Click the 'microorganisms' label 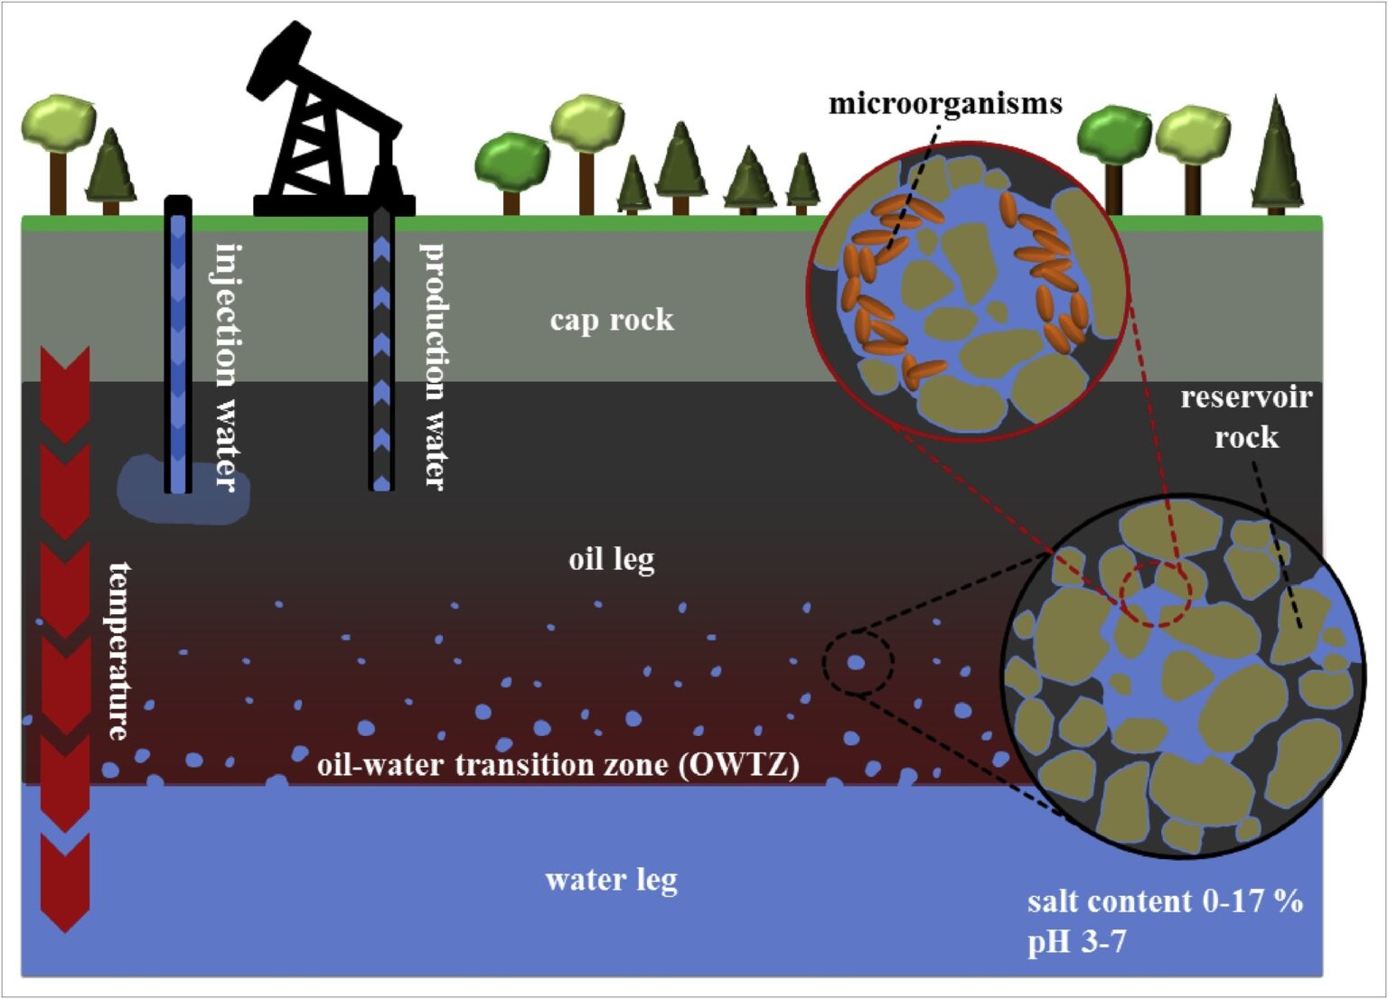pyautogui.click(x=945, y=104)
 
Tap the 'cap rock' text pyautogui.click(x=612, y=320)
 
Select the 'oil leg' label pyautogui.click(x=612, y=559)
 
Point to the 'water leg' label pyautogui.click(x=612, y=880)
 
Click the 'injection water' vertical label pyautogui.click(x=228, y=366)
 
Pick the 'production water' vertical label pyautogui.click(x=435, y=366)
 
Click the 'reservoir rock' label pyautogui.click(x=1246, y=417)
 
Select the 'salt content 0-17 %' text pyautogui.click(x=1165, y=901)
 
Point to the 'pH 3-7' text pyautogui.click(x=1076, y=942)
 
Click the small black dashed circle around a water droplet pyautogui.click(x=858, y=663)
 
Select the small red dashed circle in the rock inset pyautogui.click(x=1155, y=593)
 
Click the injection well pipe pyautogui.click(x=178, y=343)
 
